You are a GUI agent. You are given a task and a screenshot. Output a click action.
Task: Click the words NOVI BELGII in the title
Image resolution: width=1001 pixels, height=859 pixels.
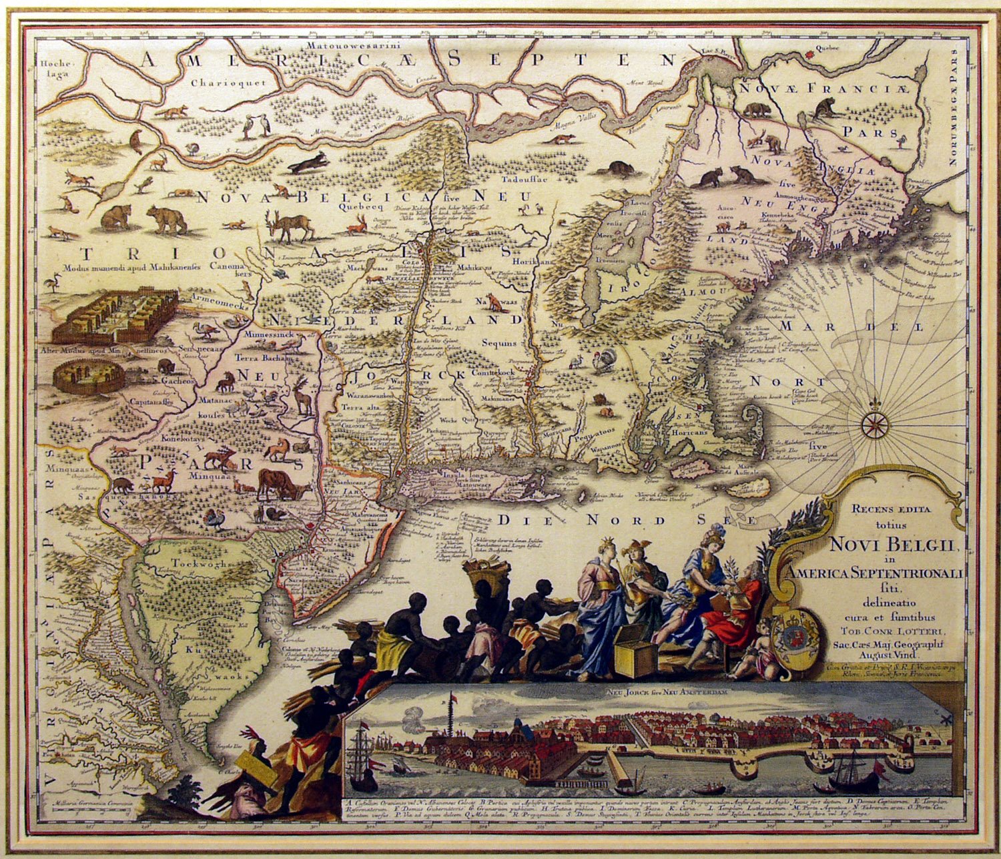pyautogui.click(x=894, y=545)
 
